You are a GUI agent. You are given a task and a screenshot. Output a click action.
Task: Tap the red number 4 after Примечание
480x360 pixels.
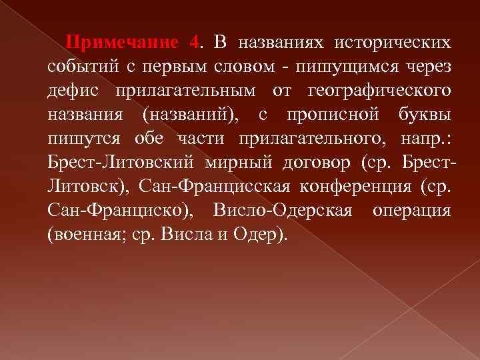click(194, 43)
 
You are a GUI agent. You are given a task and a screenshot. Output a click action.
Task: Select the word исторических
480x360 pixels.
click(392, 43)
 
